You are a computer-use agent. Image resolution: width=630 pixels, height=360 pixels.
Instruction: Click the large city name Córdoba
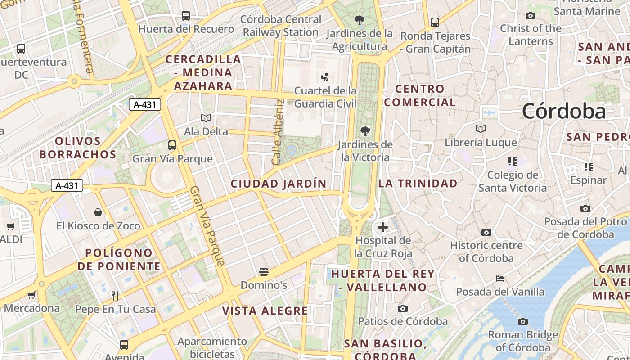pyautogui.click(x=564, y=111)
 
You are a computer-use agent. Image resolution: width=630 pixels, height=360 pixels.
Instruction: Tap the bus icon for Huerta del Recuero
pyautogui.click(x=185, y=16)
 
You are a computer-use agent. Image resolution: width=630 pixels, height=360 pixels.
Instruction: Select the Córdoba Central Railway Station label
pyautogui.click(x=281, y=26)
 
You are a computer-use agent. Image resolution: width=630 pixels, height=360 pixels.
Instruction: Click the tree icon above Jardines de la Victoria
pyautogui.click(x=365, y=131)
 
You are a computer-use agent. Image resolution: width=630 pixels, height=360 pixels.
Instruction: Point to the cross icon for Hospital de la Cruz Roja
pyautogui.click(x=383, y=227)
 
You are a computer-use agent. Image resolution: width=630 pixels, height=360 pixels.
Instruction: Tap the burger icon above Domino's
pyautogui.click(x=264, y=272)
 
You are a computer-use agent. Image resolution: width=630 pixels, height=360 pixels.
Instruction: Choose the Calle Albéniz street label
pyautogui.click(x=277, y=132)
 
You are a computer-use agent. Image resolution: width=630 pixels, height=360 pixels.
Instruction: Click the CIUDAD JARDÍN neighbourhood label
pyautogui.click(x=279, y=184)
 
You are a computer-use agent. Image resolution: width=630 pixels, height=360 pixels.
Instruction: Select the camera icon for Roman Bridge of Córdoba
pyautogui.click(x=522, y=321)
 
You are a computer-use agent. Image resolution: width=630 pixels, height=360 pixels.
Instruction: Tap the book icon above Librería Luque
pyautogui.click(x=481, y=129)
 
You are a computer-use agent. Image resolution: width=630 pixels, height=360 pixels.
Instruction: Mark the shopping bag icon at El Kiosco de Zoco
pyautogui.click(x=98, y=212)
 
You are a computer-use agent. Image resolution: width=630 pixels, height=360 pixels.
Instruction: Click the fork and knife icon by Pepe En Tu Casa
pyautogui.click(x=115, y=296)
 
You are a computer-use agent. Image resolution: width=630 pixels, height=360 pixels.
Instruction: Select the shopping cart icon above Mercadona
pyautogui.click(x=31, y=295)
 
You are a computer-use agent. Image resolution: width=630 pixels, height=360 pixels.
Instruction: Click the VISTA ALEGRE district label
pyautogui.click(x=265, y=311)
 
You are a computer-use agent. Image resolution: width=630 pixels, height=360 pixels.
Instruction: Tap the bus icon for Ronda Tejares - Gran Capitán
pyautogui.click(x=435, y=22)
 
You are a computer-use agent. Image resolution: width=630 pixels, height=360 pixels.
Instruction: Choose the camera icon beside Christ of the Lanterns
pyautogui.click(x=531, y=15)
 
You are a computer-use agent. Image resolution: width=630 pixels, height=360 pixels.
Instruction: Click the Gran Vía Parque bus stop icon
pyautogui.click(x=172, y=145)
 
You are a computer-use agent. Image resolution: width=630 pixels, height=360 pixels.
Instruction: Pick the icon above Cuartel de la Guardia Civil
pyautogui.click(x=325, y=77)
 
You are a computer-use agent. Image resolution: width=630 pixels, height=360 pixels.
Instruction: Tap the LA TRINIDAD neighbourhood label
pyautogui.click(x=418, y=184)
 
